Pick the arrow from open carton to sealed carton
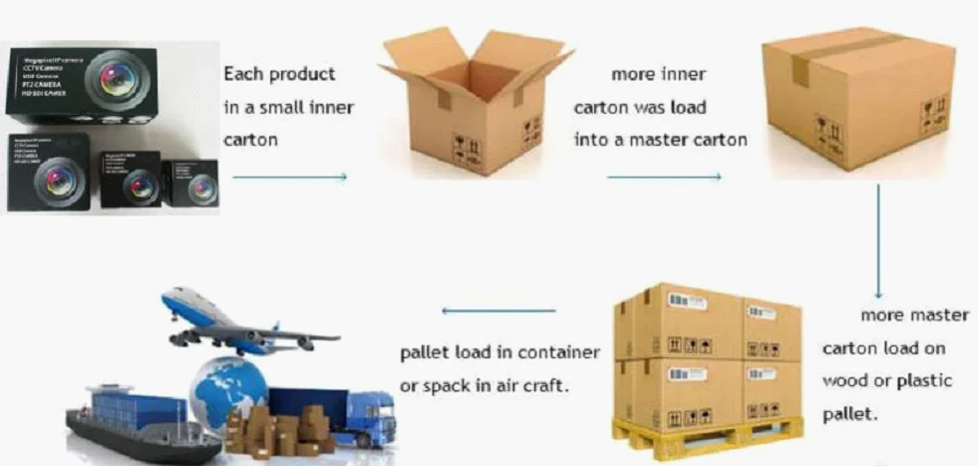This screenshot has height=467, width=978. pyautogui.click(x=663, y=178)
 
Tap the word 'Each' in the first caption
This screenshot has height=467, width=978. pyautogui.click(x=242, y=74)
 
